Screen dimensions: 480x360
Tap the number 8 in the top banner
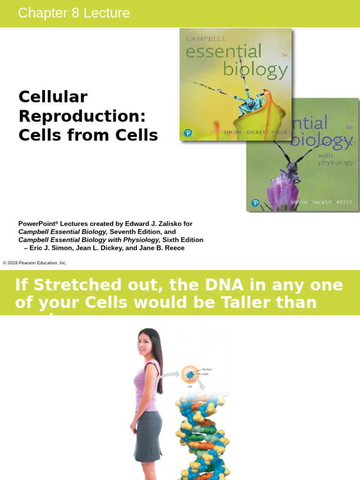[75, 13]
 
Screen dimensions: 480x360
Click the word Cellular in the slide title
[53, 97]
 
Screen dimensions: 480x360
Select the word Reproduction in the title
[82, 116]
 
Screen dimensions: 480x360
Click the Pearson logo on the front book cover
[188, 133]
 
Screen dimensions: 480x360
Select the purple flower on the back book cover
[282, 193]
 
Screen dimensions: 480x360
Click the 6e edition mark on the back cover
[349, 127]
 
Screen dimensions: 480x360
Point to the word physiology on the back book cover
[336, 163]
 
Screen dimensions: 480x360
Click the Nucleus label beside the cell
[207, 369]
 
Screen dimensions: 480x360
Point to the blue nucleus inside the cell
[190, 375]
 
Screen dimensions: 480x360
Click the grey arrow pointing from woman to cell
[171, 374]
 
